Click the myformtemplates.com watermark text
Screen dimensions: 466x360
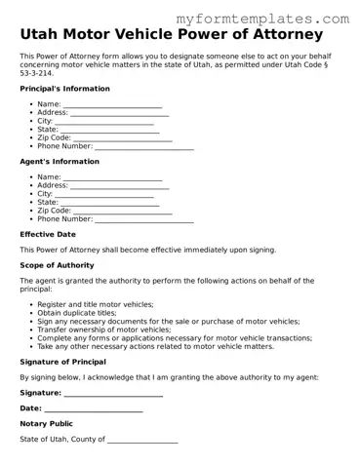click(276, 19)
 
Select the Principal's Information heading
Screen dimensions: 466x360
click(64, 89)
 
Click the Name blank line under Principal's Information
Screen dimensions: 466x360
click(112, 105)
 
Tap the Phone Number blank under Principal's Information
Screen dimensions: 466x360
click(143, 147)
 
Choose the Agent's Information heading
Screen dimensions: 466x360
click(59, 161)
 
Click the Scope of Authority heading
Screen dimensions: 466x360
click(57, 265)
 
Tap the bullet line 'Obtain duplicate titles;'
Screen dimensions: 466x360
click(83, 313)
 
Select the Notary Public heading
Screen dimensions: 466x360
click(46, 424)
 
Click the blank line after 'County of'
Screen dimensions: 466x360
click(142, 442)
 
